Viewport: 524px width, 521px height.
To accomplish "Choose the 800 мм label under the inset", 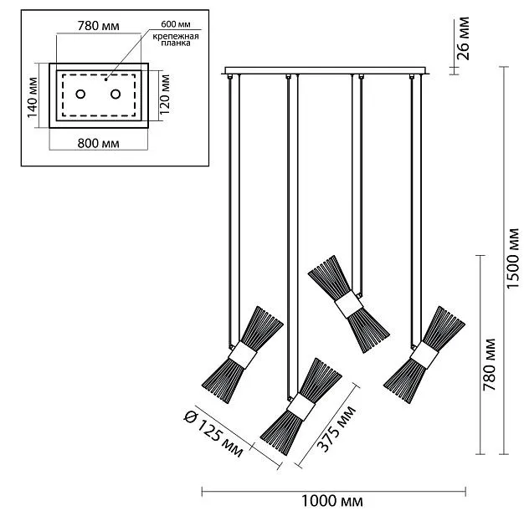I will [x=97, y=142].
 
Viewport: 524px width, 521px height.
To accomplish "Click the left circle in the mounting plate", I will [x=81, y=94].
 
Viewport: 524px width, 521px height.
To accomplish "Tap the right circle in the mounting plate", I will [x=116, y=94].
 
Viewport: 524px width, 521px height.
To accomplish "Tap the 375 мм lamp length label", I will [x=338, y=429].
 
